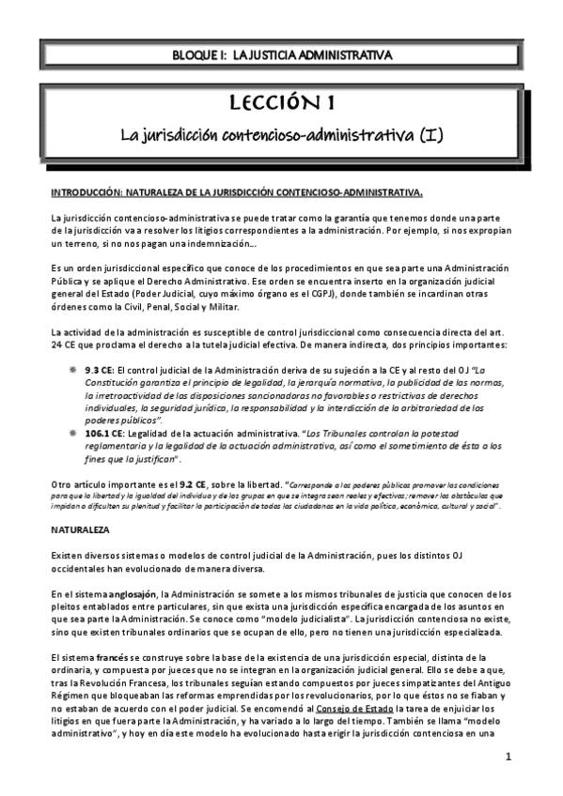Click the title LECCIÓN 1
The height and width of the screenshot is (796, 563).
pyautogui.click(x=281, y=101)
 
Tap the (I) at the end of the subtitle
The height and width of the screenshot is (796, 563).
pyautogui.click(x=430, y=135)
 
